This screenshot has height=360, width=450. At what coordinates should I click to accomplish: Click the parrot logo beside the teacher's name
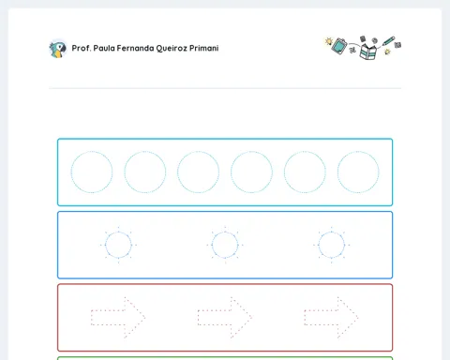coord(58,49)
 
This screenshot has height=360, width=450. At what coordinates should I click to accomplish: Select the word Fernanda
coord(135,48)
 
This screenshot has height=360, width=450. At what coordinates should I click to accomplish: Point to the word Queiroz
coord(172,49)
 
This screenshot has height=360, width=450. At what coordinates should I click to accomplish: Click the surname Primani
coord(204,48)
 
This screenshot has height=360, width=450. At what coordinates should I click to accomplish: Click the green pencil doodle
coord(388,41)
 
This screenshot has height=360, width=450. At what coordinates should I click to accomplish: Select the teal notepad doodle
coord(339,46)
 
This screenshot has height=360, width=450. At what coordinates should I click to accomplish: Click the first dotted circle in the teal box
coord(92,151)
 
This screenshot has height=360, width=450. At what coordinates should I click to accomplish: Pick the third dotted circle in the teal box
coord(198,151)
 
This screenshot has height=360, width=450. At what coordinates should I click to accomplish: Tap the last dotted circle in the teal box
coord(358,151)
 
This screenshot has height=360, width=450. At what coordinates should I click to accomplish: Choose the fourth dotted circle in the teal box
coord(251,151)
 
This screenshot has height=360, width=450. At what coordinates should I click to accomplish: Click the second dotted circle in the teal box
coord(145,151)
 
